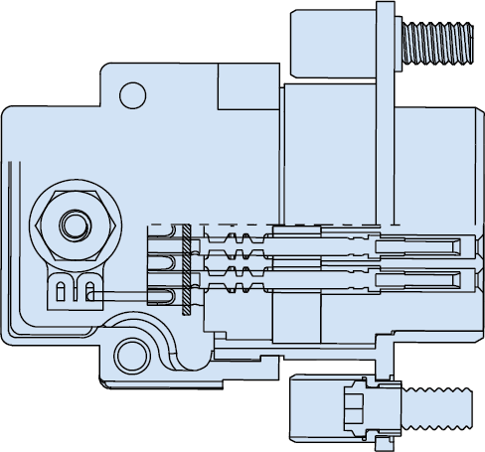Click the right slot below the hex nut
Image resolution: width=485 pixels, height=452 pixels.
pyautogui.click(x=90, y=293)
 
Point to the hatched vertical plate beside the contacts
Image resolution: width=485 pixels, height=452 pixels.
pyautogui.click(x=186, y=268)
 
